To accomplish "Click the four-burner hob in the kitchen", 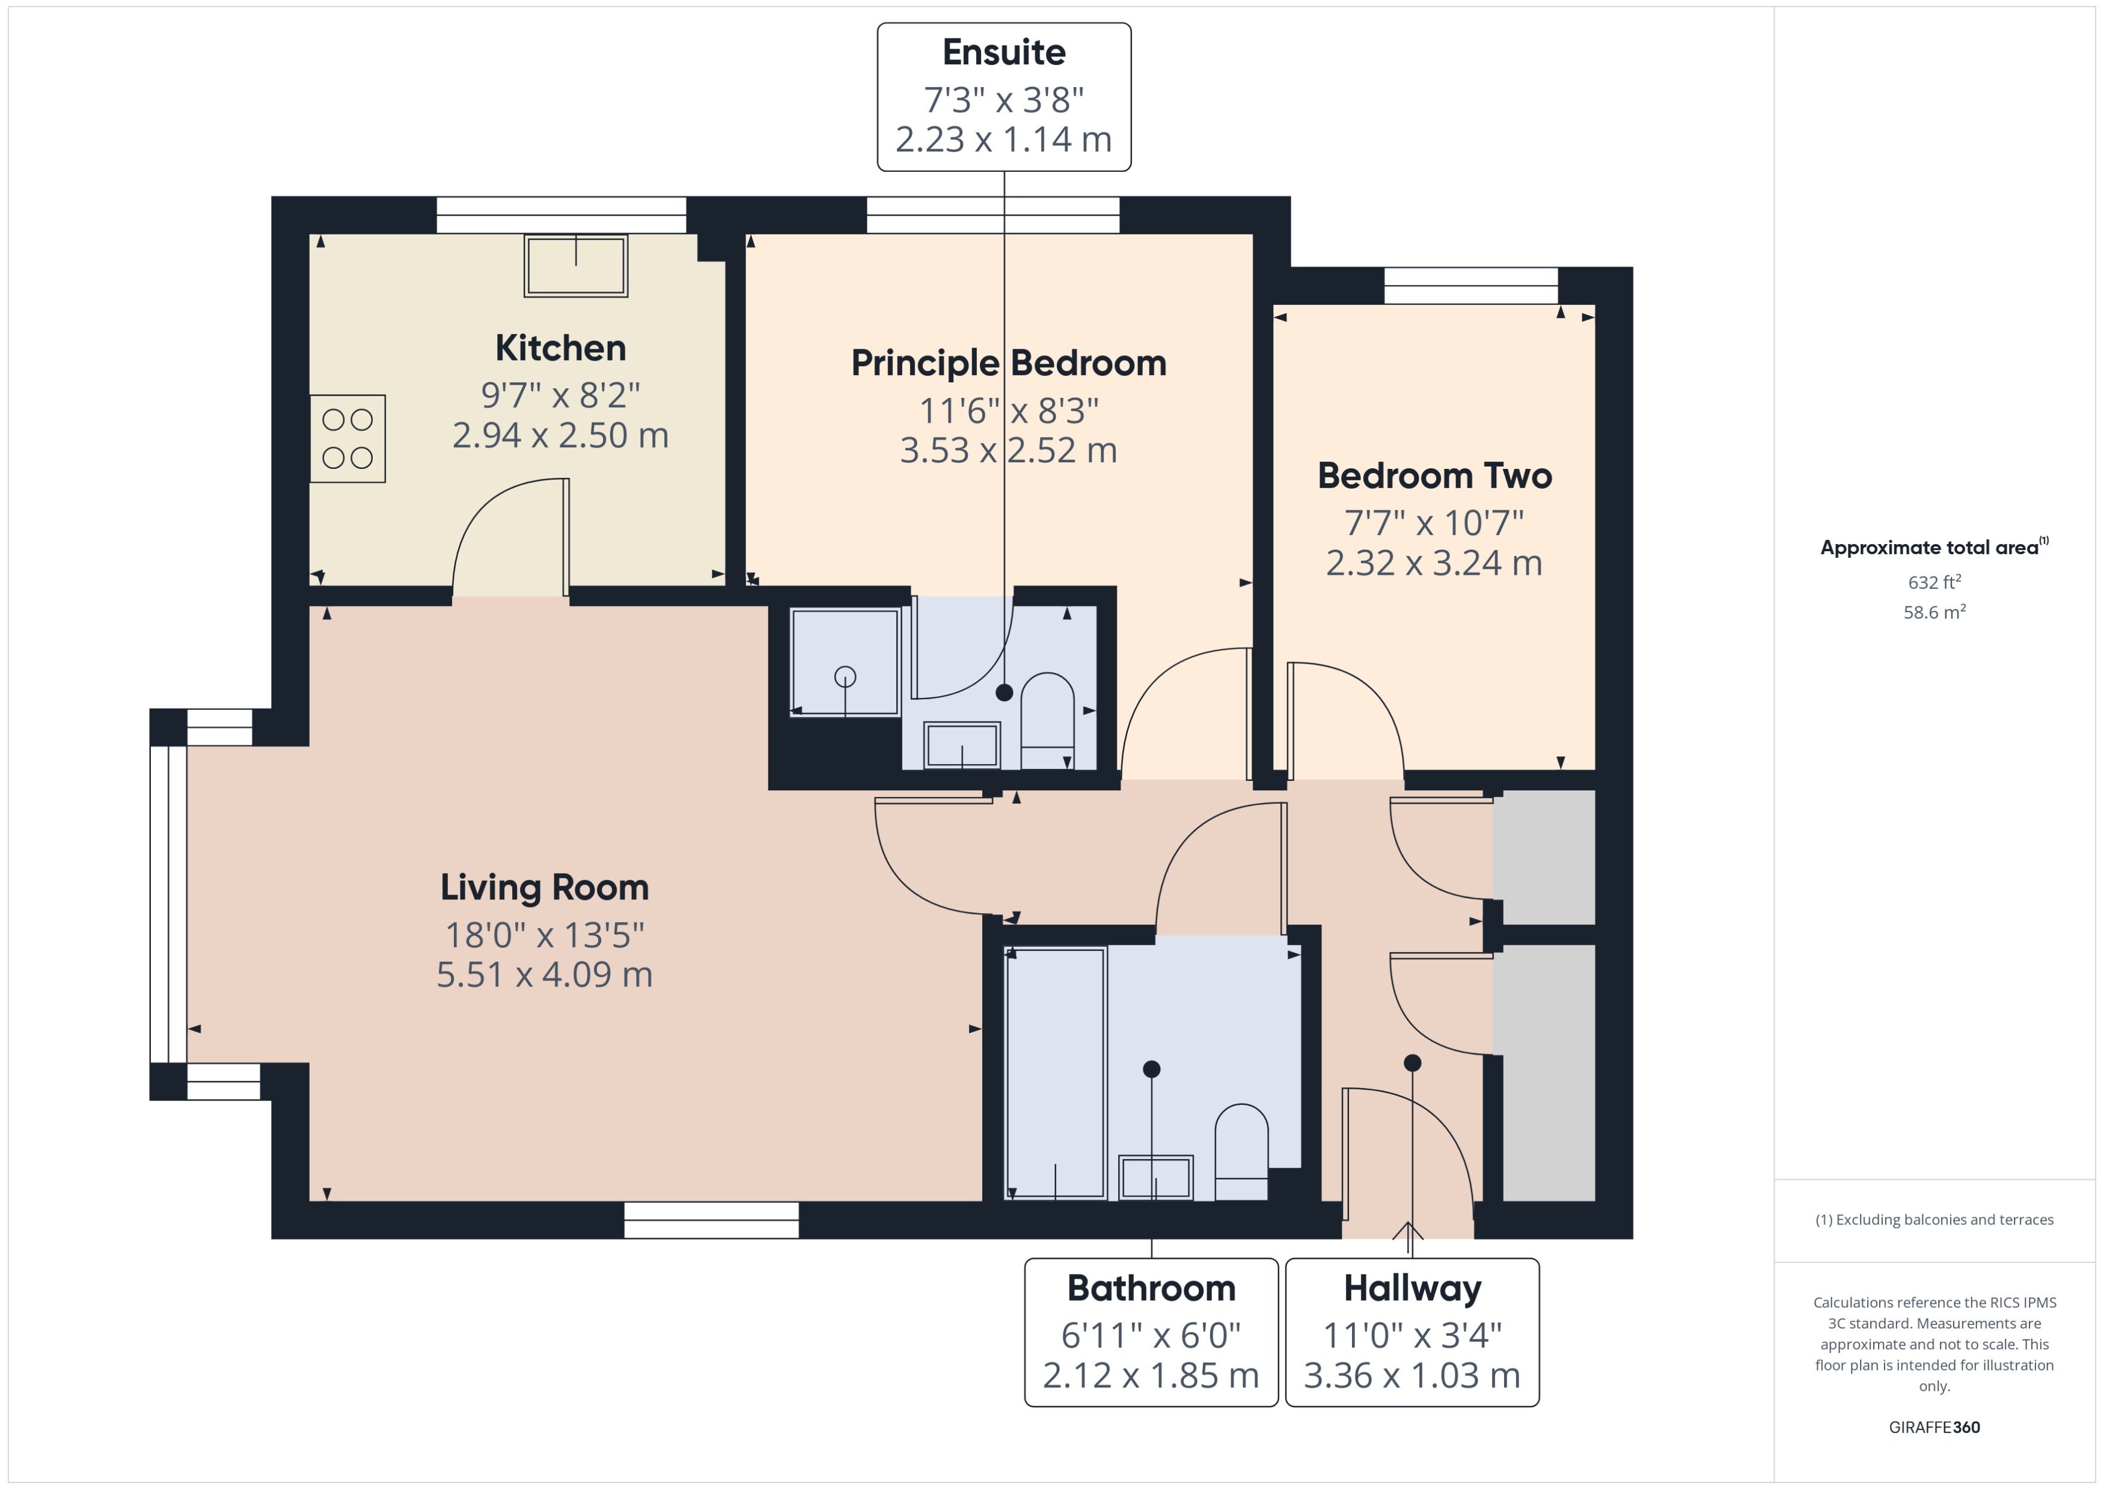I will click(347, 438).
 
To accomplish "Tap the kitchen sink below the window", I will click(576, 266).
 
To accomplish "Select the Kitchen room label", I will click(560, 349).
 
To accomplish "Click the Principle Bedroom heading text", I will click(1009, 363).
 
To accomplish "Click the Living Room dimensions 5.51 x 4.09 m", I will click(545, 974).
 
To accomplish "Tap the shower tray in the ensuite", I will click(845, 662).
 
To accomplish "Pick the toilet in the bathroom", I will click(1241, 1151).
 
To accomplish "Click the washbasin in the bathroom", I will click(1155, 1177).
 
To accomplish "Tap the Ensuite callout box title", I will click(1004, 52).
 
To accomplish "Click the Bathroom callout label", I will click(1151, 1288).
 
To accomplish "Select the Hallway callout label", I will click(1412, 1288).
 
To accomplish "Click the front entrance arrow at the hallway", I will click(1408, 1231).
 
